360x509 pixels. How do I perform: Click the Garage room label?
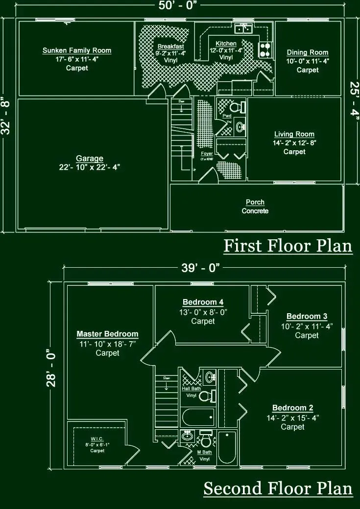90,159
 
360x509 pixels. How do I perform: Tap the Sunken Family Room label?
77,50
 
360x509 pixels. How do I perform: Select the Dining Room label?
308,52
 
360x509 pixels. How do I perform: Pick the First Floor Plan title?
288,246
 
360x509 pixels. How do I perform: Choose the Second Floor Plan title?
278,488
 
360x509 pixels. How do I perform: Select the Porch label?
255,202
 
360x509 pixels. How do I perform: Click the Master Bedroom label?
107,334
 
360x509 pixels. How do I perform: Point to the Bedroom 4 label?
203,302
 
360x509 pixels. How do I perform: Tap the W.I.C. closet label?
96,439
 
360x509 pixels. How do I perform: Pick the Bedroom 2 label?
292,408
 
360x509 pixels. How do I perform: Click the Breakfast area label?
171,46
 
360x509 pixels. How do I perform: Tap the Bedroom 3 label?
307,316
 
